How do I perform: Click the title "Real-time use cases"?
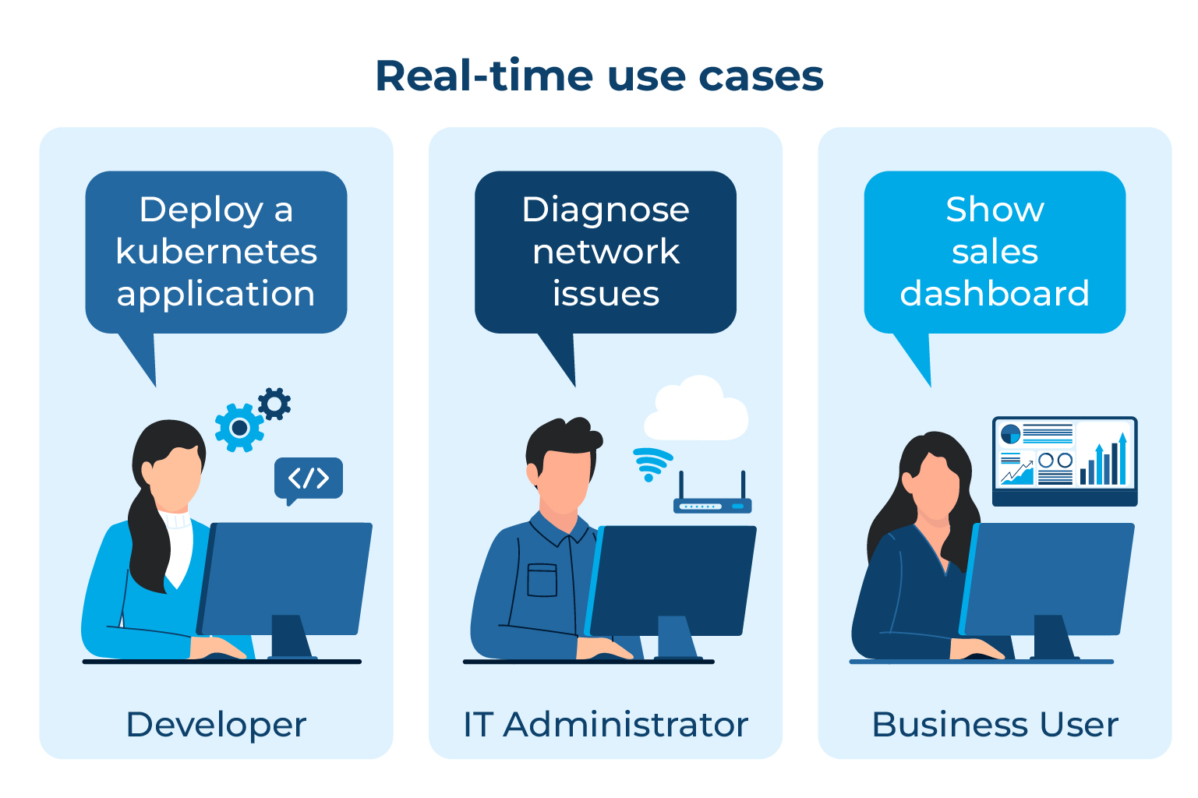[599, 76]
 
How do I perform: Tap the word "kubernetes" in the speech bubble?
[216, 252]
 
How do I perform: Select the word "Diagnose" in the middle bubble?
[606, 210]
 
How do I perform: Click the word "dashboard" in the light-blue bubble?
[995, 294]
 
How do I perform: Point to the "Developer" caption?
[216, 725]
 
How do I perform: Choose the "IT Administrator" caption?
[606, 725]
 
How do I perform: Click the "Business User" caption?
[995, 725]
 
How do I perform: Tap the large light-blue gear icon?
[239, 428]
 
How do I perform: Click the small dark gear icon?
[274, 404]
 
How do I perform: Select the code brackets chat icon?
[309, 478]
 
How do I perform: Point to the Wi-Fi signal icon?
[650, 464]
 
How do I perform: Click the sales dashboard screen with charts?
[1065, 457]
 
